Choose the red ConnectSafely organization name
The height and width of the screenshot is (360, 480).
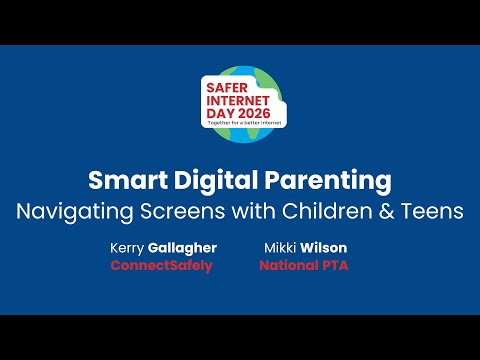pos(161,267)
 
